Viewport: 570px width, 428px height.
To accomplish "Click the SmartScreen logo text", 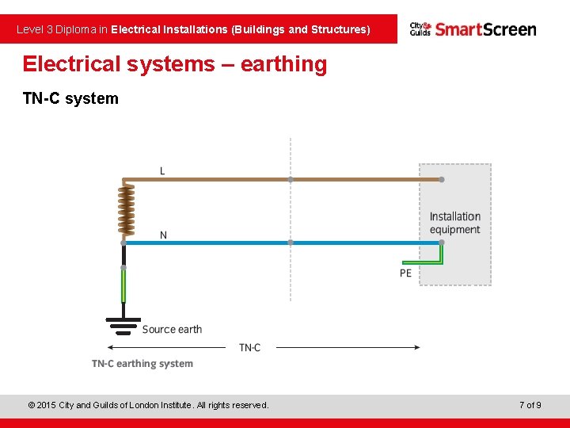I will click(x=485, y=29).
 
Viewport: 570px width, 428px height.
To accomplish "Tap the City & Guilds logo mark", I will click(x=420, y=29).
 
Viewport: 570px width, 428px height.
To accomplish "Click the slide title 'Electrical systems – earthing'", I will click(x=174, y=64).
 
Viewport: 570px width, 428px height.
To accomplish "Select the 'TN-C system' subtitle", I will click(x=70, y=99).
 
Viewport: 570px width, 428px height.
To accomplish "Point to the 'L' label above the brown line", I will click(x=162, y=170).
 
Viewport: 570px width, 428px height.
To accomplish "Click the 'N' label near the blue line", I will click(x=163, y=235).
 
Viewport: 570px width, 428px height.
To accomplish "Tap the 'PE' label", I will click(x=405, y=273).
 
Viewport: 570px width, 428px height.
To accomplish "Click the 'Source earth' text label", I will click(x=172, y=329).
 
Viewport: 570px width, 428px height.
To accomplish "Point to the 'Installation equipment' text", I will click(x=454, y=223).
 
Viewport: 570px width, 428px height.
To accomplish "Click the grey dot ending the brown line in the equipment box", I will click(x=442, y=180).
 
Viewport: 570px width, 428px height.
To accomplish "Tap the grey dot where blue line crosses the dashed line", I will click(x=291, y=243).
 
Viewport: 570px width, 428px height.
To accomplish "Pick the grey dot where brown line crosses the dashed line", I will click(x=291, y=180).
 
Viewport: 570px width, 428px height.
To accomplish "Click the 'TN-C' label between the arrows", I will click(x=249, y=347).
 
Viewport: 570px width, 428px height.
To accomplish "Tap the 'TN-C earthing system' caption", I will click(x=142, y=364).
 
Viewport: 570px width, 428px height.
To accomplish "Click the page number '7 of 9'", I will click(x=530, y=405).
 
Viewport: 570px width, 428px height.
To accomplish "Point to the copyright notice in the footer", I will click(x=148, y=405).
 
